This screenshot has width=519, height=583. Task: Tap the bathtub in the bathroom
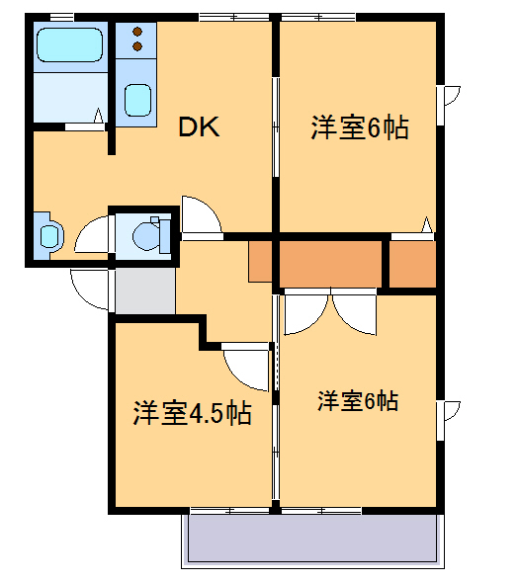[68, 46]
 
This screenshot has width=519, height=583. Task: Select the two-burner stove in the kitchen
[137, 40]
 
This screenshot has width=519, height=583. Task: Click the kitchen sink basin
[137, 100]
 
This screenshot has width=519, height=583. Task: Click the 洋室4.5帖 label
[192, 412]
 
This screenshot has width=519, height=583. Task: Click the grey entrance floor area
[143, 290]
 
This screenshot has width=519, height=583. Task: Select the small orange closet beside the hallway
[261, 262]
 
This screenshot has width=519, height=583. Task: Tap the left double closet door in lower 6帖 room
[301, 314]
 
